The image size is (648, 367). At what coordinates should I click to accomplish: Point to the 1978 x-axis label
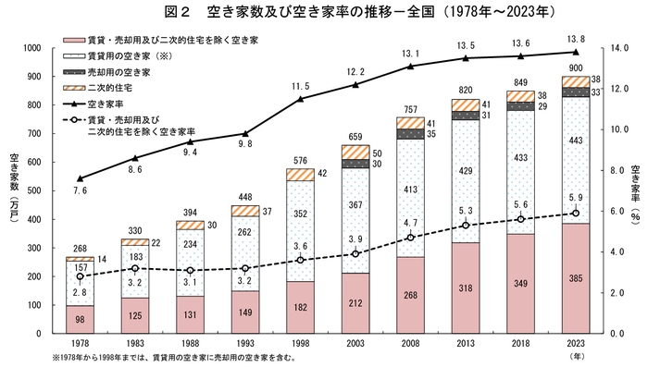point(81,343)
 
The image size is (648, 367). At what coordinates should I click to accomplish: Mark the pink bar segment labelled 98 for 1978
point(81,319)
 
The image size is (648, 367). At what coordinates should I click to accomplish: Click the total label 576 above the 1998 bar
point(300,160)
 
